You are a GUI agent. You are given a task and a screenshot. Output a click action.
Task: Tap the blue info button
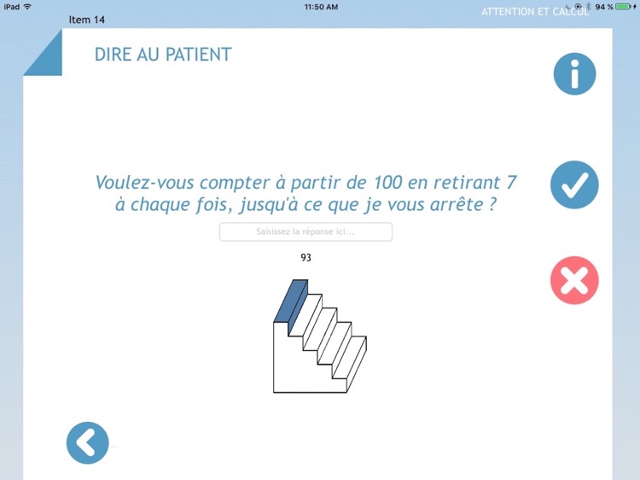[574, 74]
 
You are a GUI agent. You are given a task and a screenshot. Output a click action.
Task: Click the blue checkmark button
[574, 184]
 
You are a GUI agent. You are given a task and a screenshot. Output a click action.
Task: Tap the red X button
[574, 280]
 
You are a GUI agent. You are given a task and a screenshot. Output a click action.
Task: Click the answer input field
[305, 231]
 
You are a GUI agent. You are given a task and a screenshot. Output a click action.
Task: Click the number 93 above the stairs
[305, 257]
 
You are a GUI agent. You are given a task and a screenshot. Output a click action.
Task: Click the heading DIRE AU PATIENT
[163, 55]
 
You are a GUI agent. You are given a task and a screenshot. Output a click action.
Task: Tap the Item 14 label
[86, 20]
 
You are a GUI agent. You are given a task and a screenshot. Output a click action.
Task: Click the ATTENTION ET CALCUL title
[535, 12]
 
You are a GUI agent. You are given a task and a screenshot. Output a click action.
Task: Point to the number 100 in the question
[387, 183]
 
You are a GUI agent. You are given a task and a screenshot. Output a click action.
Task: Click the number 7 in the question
[511, 183]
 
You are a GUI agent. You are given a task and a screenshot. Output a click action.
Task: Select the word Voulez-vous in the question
[144, 183]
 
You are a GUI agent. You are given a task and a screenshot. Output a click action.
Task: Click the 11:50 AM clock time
[321, 7]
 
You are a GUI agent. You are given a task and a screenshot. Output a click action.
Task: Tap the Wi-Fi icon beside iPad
[27, 7]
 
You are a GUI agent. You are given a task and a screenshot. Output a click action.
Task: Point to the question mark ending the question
[492, 204]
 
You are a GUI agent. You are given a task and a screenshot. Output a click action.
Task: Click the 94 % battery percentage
[604, 7]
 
